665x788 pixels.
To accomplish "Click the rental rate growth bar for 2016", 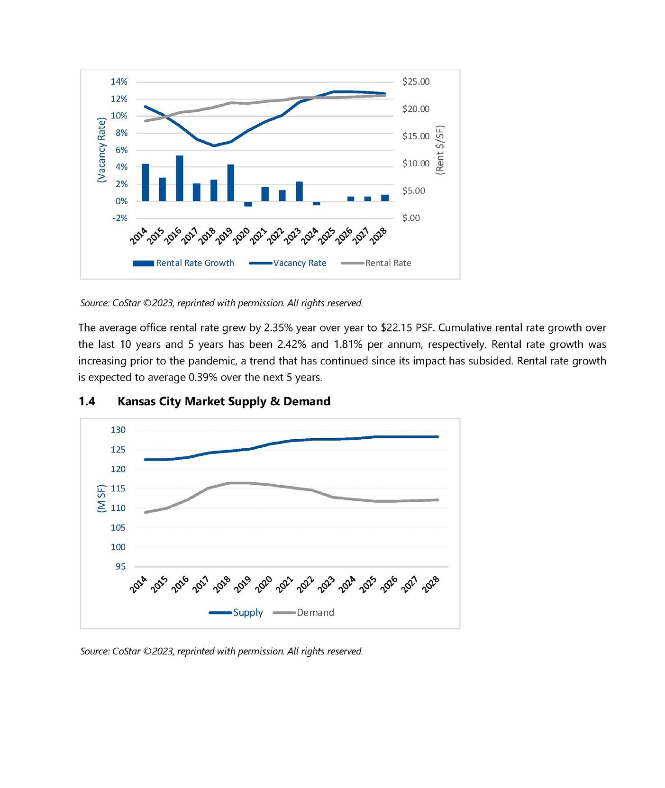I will coord(179,178).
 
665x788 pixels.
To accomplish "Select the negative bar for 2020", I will coord(248,204).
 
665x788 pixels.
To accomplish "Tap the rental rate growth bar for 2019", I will coord(231,183).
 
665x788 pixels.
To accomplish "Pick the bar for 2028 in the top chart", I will coord(385,198).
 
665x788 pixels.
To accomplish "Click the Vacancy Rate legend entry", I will coord(288,263).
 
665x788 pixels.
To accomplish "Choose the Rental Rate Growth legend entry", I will coord(183,263).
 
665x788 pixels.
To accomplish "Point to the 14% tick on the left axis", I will coord(119,82).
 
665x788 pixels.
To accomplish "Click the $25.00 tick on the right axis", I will coord(416,82).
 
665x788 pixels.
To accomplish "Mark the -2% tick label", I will coord(119,218).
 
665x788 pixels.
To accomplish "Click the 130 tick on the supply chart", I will coord(118,430).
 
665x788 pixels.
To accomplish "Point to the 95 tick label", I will coord(120,567).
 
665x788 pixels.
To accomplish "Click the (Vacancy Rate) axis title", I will coord(101,150).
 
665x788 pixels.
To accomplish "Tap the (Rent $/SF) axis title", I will coord(440,150).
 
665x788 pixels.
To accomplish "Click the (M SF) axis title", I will coord(101,498).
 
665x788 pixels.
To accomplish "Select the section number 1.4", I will coord(86,401).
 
